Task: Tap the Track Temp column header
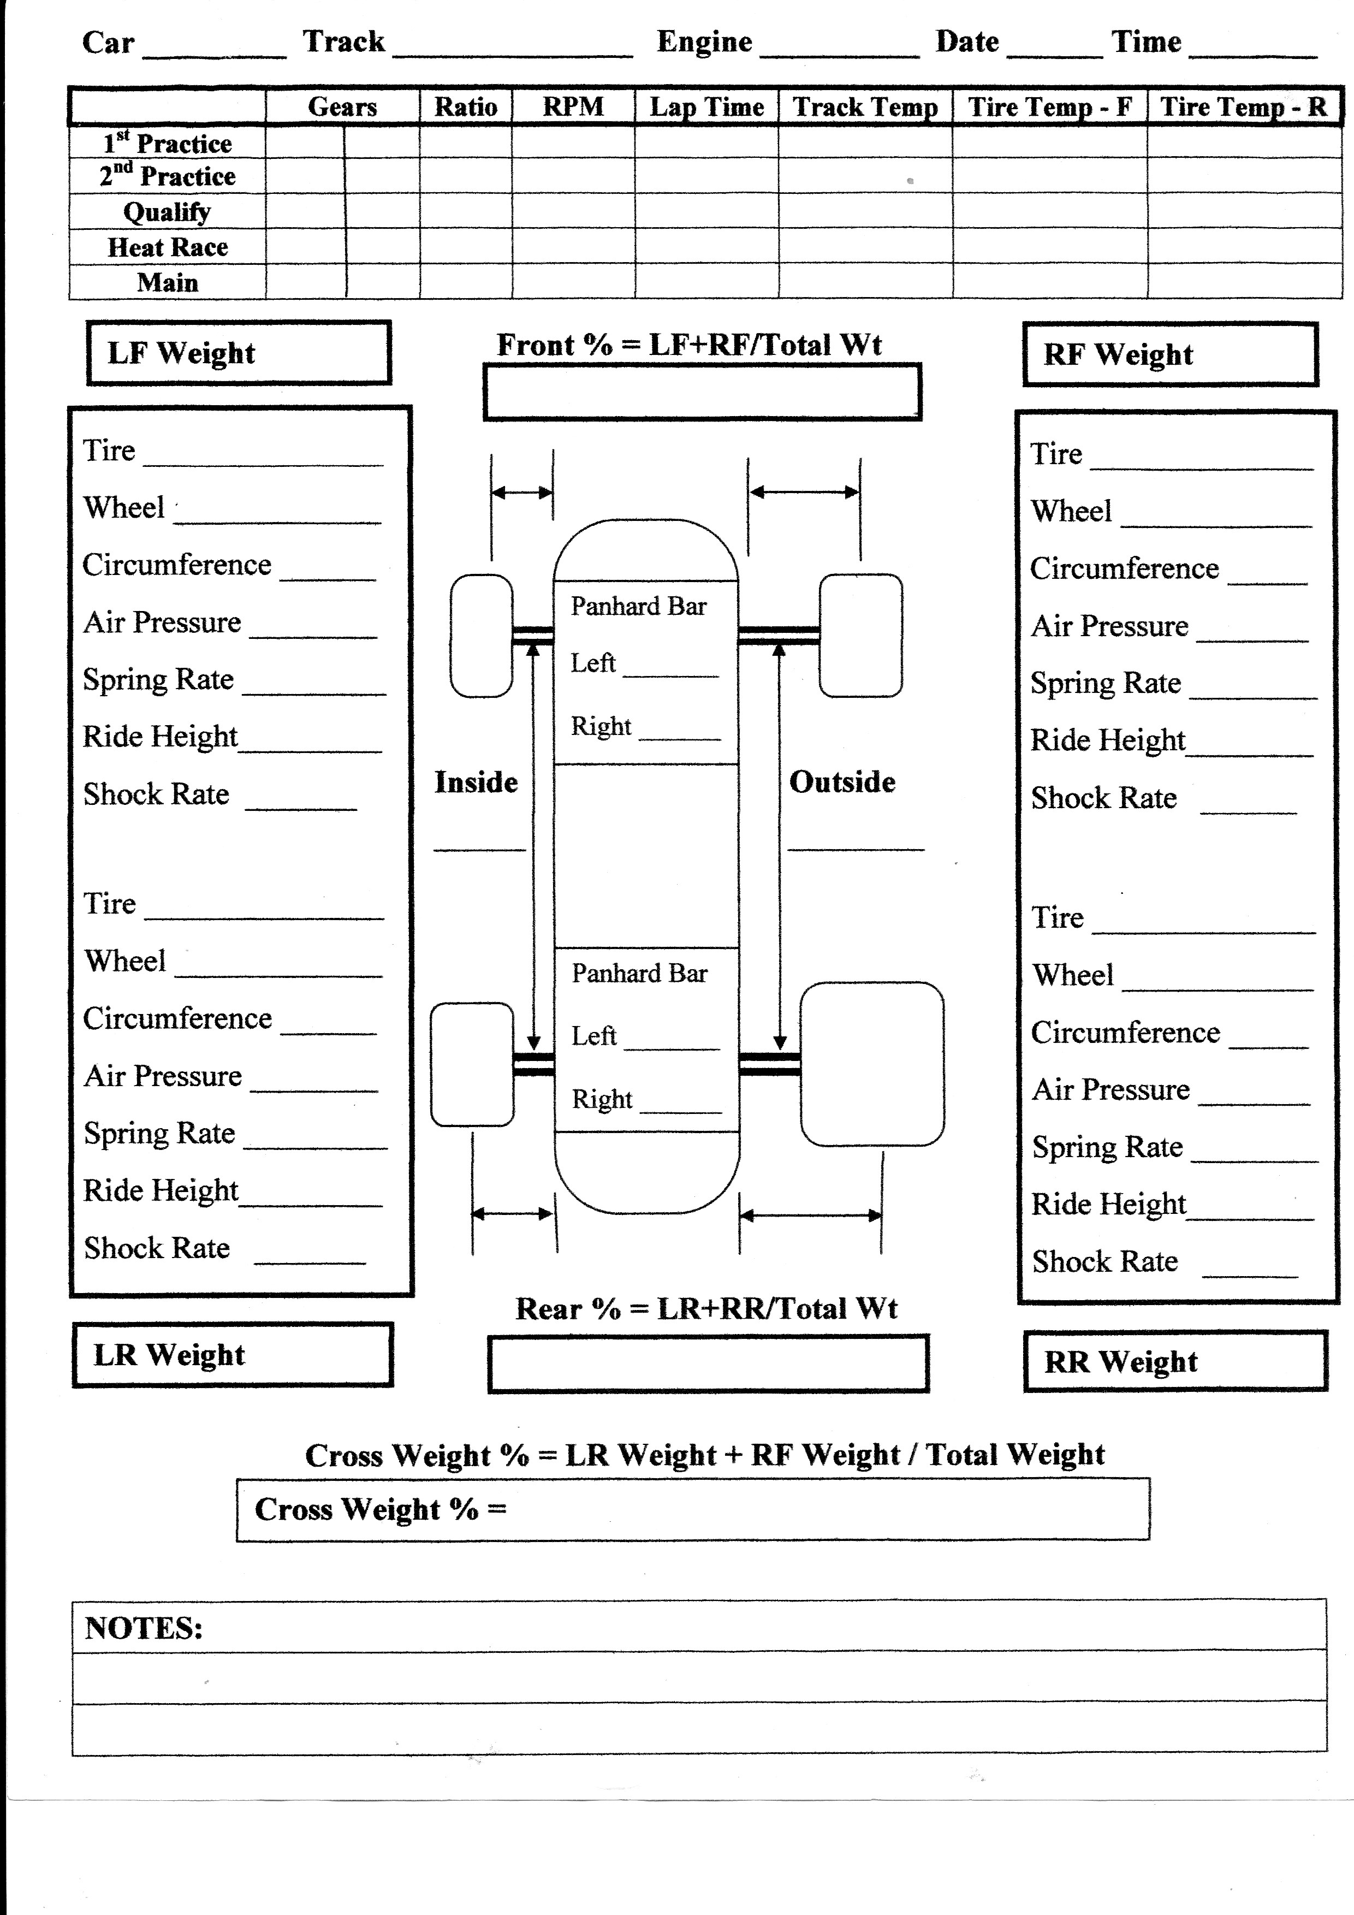point(865,107)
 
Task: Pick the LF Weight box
point(239,353)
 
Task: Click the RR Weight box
point(1175,1361)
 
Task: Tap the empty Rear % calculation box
point(709,1363)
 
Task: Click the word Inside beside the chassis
point(476,782)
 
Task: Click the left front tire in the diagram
point(481,636)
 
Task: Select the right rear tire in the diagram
point(872,1064)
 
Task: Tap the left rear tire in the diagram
point(472,1064)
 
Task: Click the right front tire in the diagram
point(860,636)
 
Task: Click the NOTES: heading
point(144,1628)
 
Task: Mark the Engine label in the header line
point(704,41)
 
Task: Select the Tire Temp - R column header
point(1243,107)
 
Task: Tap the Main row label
point(168,283)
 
